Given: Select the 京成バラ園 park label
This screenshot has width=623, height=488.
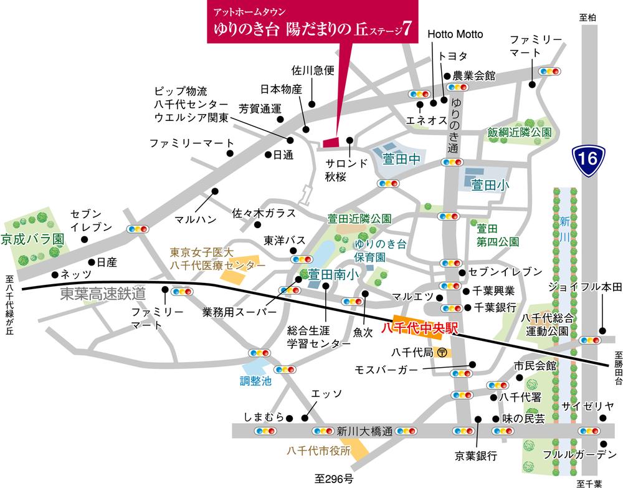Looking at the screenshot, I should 33,239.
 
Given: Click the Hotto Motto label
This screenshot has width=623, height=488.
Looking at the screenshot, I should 455,34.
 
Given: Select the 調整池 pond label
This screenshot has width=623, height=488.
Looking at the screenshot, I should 256,382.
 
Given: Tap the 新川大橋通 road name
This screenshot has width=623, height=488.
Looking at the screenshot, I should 364,431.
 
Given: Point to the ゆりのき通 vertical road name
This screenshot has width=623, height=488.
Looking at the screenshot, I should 455,127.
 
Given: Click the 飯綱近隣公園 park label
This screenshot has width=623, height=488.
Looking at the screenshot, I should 520,133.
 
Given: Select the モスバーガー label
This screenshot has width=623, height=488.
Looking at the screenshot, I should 386,370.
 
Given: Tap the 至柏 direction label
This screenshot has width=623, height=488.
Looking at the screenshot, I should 587,18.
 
